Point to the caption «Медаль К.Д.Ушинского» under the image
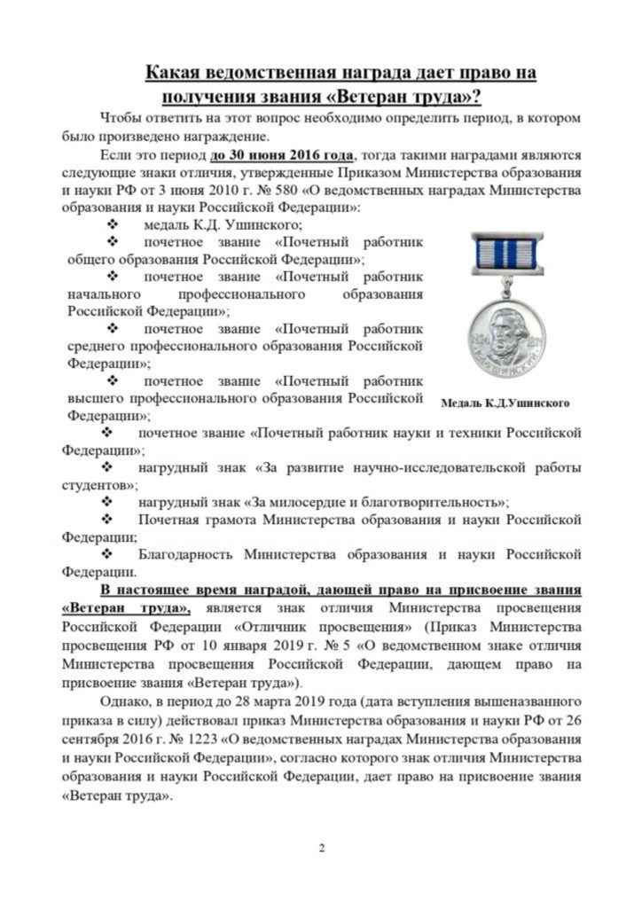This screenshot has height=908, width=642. tap(505, 403)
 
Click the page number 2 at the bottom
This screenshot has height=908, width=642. tap(322, 849)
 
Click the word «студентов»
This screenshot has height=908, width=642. tap(98, 484)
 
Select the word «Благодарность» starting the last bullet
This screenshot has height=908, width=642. tap(185, 554)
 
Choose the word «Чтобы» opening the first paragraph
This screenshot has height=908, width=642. tap(121, 118)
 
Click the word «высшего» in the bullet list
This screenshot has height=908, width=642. tap(94, 397)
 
